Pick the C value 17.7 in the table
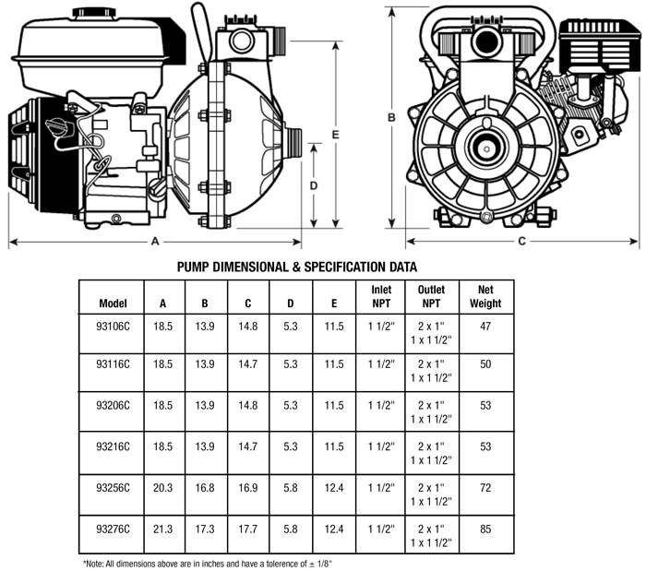coord(248,529)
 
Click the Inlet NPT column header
coord(380,296)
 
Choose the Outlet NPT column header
coord(431,296)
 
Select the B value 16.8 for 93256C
coord(207,487)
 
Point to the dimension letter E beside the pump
coord(336,135)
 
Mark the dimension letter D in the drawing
coord(314,184)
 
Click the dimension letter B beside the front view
coord(391,116)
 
